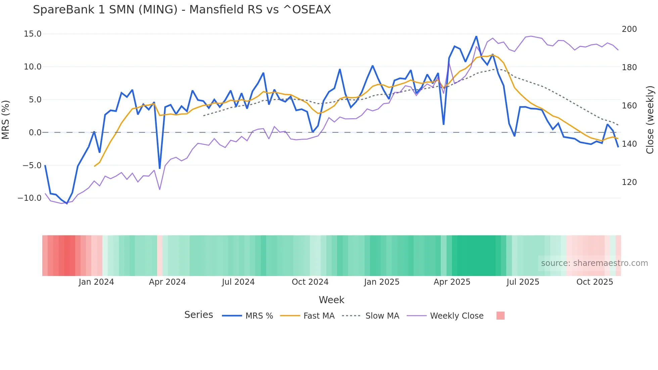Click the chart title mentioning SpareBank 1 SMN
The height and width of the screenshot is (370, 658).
182,10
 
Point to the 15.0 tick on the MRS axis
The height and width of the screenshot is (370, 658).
33,34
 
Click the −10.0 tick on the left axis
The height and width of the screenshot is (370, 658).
30,198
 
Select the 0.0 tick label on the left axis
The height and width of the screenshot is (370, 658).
35,133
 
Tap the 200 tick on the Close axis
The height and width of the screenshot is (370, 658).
629,29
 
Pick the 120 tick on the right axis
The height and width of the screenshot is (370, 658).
629,182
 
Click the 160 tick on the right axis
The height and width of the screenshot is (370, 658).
629,106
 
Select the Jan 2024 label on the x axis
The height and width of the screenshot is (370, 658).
96,282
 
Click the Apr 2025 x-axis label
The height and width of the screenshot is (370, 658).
452,282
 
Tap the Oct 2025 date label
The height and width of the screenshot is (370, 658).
595,282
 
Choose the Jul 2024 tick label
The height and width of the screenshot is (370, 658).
238,282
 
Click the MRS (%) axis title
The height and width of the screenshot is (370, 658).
6,120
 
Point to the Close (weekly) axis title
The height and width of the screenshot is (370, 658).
650,120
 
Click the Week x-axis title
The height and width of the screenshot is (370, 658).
331,300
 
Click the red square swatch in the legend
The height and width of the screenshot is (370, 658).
500,316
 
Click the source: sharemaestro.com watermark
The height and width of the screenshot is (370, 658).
594,263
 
